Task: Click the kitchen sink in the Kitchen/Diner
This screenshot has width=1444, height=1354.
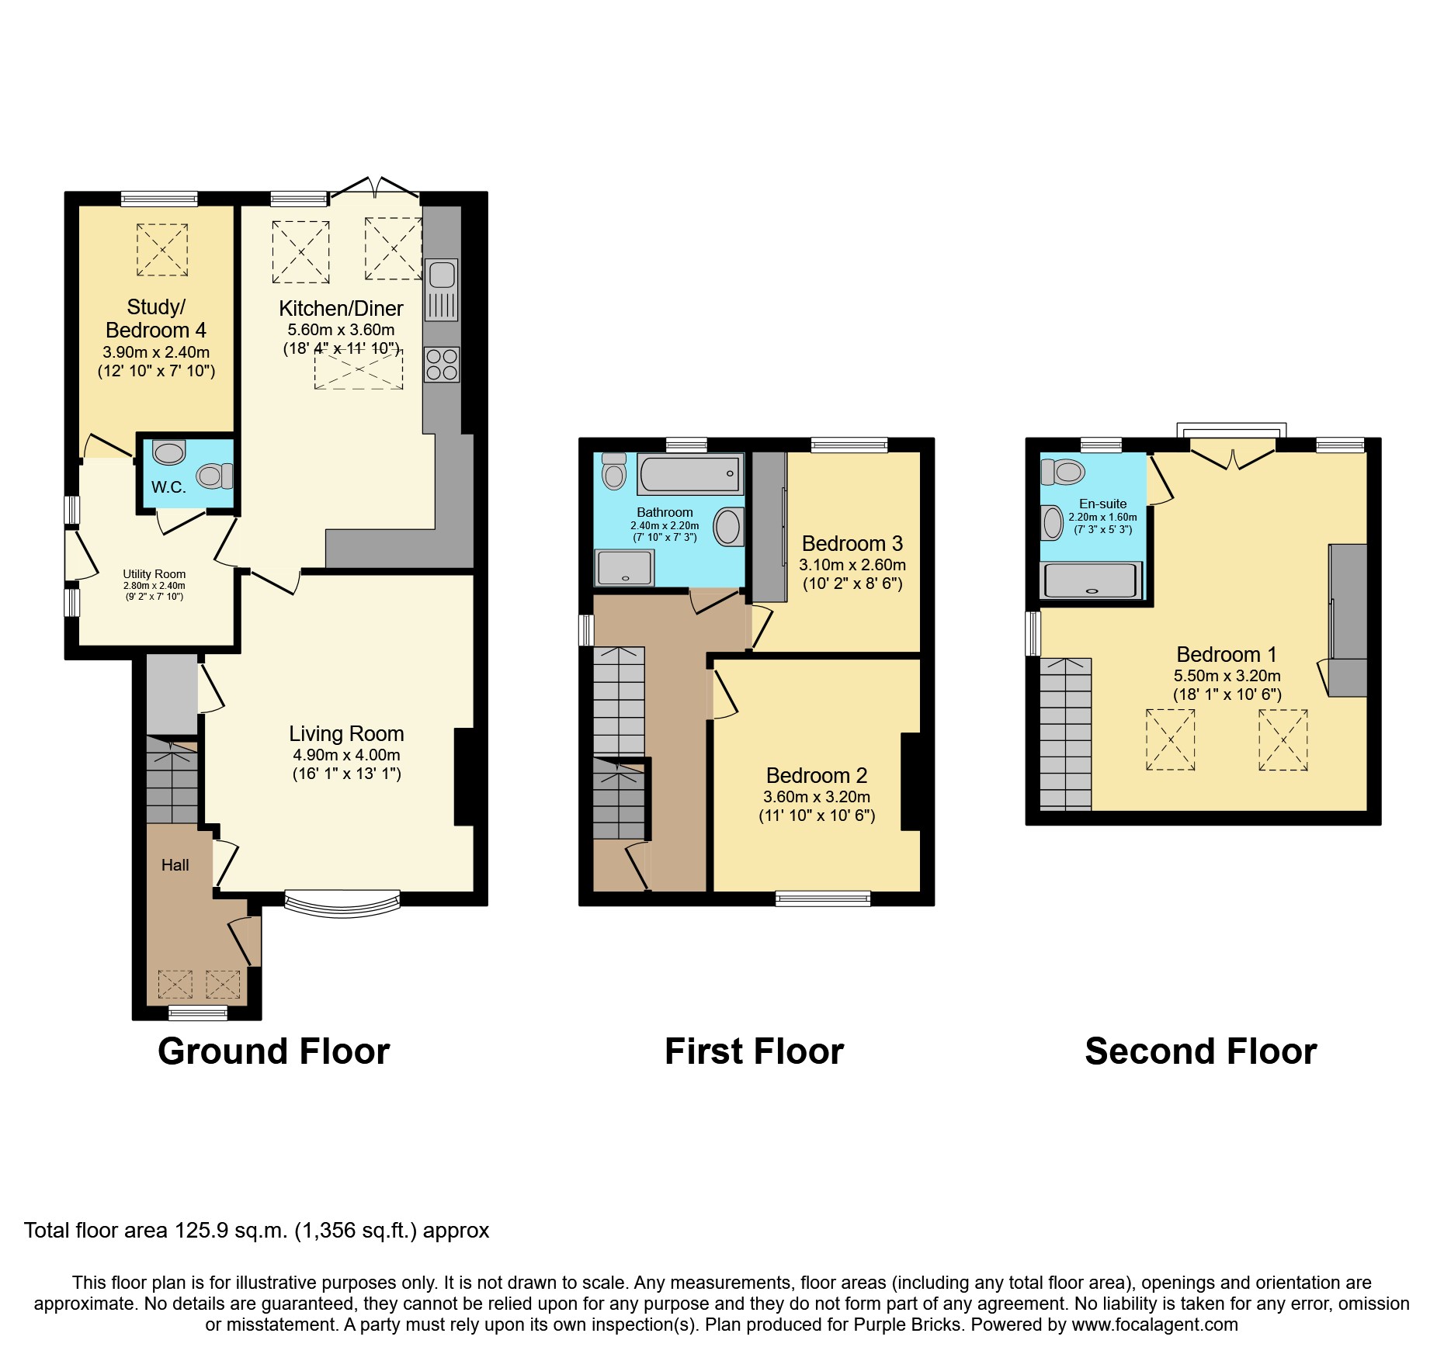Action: (x=442, y=289)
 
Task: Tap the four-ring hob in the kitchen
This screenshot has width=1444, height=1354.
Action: (x=442, y=364)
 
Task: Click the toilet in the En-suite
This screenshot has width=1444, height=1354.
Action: (x=1062, y=471)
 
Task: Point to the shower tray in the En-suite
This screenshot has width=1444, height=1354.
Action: (x=1092, y=580)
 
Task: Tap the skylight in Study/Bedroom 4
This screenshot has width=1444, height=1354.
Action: (x=162, y=249)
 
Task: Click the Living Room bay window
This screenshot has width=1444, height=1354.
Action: (x=342, y=903)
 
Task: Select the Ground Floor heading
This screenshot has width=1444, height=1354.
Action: (x=273, y=1051)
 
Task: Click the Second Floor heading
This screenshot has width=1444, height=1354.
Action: (x=1200, y=1051)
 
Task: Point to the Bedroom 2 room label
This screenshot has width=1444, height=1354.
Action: (x=816, y=775)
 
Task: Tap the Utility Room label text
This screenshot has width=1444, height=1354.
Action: (x=154, y=574)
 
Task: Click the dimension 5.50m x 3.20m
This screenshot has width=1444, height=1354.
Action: (x=1227, y=676)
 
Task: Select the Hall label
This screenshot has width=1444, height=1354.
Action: (x=175, y=865)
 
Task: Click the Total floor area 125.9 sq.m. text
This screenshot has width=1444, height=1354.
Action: (x=256, y=1231)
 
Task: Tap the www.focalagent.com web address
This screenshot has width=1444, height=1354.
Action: (x=1154, y=1325)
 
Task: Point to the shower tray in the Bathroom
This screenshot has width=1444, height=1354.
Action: (x=624, y=567)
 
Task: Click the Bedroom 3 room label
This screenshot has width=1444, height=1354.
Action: (x=852, y=543)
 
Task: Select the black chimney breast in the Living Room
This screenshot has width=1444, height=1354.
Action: (x=464, y=776)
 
